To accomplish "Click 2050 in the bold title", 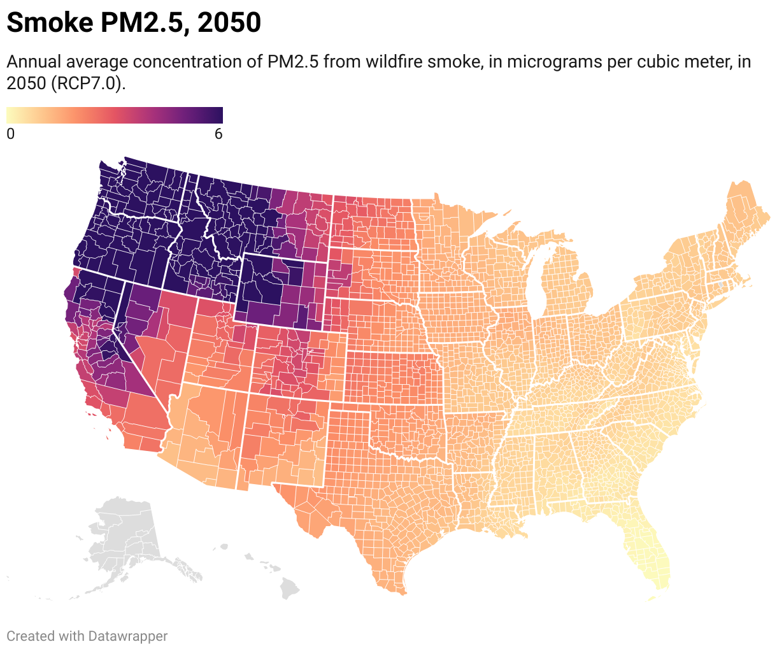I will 229,23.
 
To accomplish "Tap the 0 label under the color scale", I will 10,134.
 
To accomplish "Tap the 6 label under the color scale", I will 218,134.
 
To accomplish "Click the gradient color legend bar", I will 115,115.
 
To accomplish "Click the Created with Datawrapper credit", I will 87,636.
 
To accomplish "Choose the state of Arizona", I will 204,433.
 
